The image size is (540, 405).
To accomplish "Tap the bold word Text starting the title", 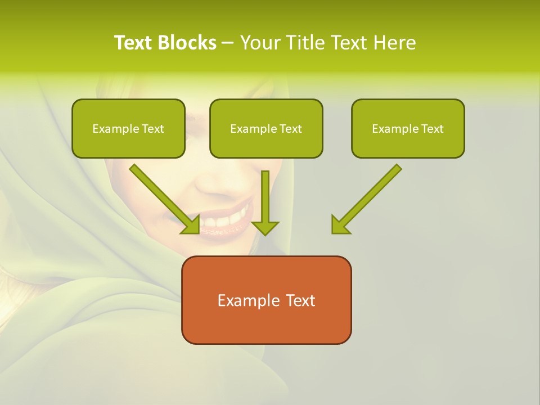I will pyautogui.click(x=133, y=43).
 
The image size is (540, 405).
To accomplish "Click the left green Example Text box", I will pyautogui.click(x=128, y=128).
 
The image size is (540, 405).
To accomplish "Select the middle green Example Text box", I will pyautogui.click(x=266, y=128).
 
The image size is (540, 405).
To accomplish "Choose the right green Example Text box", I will pyautogui.click(x=408, y=128).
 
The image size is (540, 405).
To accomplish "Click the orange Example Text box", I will pyautogui.click(x=266, y=300).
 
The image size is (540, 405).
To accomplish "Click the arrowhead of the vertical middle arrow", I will pyautogui.click(x=265, y=227).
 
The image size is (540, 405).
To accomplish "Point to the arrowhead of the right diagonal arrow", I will pyautogui.click(x=339, y=226).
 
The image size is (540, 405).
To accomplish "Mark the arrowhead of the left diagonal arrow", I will pyautogui.click(x=192, y=226).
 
